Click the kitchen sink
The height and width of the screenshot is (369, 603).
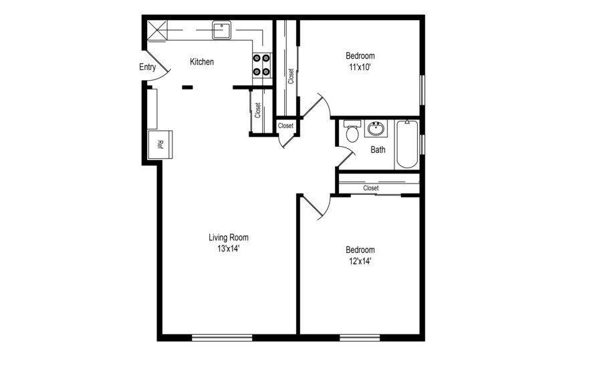tap(221, 30)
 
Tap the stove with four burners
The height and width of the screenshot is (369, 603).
tap(261, 65)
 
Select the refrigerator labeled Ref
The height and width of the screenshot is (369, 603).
tap(160, 143)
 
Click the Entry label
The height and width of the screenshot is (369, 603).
tap(148, 67)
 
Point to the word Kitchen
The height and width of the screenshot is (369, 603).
tap(202, 62)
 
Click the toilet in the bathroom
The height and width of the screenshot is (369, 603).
tap(352, 132)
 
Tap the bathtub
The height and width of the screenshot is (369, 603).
tap(406, 143)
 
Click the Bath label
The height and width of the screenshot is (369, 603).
tap(378, 150)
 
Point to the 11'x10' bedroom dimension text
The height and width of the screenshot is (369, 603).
tap(360, 67)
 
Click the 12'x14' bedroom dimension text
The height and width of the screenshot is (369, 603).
tap(359, 261)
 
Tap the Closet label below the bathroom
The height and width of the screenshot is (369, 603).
tap(371, 188)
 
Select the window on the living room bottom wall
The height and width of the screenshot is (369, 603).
tap(222, 338)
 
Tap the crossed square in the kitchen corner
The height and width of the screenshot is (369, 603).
tap(157, 30)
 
